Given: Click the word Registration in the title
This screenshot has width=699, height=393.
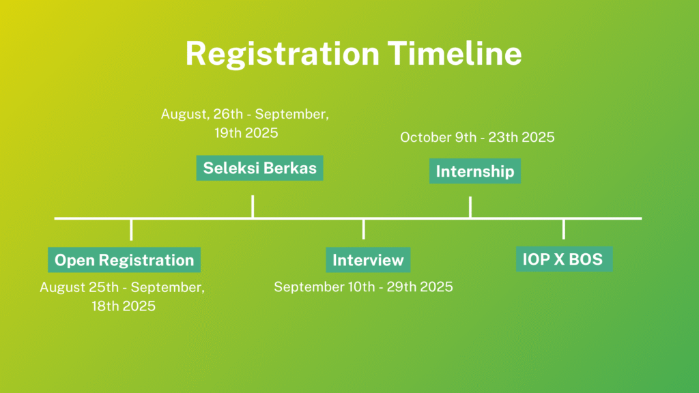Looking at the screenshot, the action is (x=282, y=55).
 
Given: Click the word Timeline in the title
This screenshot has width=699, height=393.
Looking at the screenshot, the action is (x=455, y=53).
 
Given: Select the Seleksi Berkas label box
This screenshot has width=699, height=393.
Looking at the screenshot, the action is (x=259, y=168).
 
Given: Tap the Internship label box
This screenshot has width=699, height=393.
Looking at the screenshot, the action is (x=475, y=171).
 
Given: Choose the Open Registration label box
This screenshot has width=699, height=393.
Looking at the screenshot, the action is (x=124, y=260).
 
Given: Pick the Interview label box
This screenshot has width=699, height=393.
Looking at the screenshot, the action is (x=368, y=260).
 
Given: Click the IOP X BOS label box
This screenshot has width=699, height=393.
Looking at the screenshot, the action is (x=564, y=259).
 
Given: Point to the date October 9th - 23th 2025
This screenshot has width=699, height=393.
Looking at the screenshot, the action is (x=477, y=137).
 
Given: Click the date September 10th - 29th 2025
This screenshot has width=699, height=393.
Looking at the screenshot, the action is (x=363, y=287).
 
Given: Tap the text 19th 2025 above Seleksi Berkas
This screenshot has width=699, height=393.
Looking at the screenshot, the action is (x=246, y=133).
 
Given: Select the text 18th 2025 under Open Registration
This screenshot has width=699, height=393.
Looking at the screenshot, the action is (x=124, y=306).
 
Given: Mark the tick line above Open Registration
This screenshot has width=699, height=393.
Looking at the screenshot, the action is (x=131, y=229).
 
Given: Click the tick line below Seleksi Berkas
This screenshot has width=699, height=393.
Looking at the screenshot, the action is (x=253, y=206).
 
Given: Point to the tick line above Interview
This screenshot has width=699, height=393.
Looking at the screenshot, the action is (x=364, y=229).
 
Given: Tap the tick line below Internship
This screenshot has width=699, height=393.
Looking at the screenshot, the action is (x=470, y=207).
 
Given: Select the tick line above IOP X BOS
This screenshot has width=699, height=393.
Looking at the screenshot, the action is (x=563, y=229).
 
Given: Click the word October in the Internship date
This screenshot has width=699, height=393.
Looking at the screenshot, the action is (x=426, y=137).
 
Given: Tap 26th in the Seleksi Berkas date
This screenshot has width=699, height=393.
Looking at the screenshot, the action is (x=228, y=114).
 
